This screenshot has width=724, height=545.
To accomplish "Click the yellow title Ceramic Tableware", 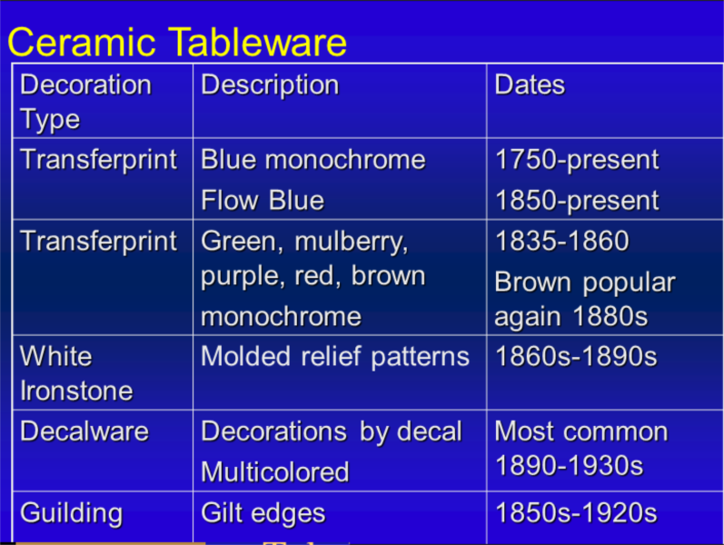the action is click(x=177, y=42).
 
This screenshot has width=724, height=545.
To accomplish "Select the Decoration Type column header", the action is click(x=86, y=102).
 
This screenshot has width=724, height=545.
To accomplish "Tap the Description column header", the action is click(x=270, y=85).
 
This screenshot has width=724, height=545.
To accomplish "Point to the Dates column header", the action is click(x=530, y=85).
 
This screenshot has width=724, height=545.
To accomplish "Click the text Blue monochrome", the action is click(x=313, y=160).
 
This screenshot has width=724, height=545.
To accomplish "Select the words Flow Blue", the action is click(x=263, y=201).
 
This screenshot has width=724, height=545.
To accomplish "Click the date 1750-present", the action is click(x=577, y=160).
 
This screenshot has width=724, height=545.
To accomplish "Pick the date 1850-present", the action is click(x=577, y=201).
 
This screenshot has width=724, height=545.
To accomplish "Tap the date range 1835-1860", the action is click(x=562, y=241).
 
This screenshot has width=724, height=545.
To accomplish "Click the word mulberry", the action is click(x=351, y=242).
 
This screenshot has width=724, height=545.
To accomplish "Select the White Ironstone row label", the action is click(x=76, y=373).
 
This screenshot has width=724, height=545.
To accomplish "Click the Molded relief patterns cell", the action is click(x=335, y=357).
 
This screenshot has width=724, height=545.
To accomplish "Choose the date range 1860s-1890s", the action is click(x=576, y=357).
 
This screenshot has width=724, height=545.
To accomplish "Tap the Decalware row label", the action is click(x=84, y=431).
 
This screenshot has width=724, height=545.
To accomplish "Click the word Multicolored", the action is click(x=275, y=472).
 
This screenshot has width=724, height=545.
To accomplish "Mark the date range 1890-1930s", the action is click(x=569, y=466).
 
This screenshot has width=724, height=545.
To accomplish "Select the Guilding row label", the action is click(x=72, y=514).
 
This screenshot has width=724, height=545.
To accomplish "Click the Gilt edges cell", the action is click(x=263, y=513).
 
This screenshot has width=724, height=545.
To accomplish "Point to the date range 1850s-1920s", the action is click(x=576, y=512).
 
